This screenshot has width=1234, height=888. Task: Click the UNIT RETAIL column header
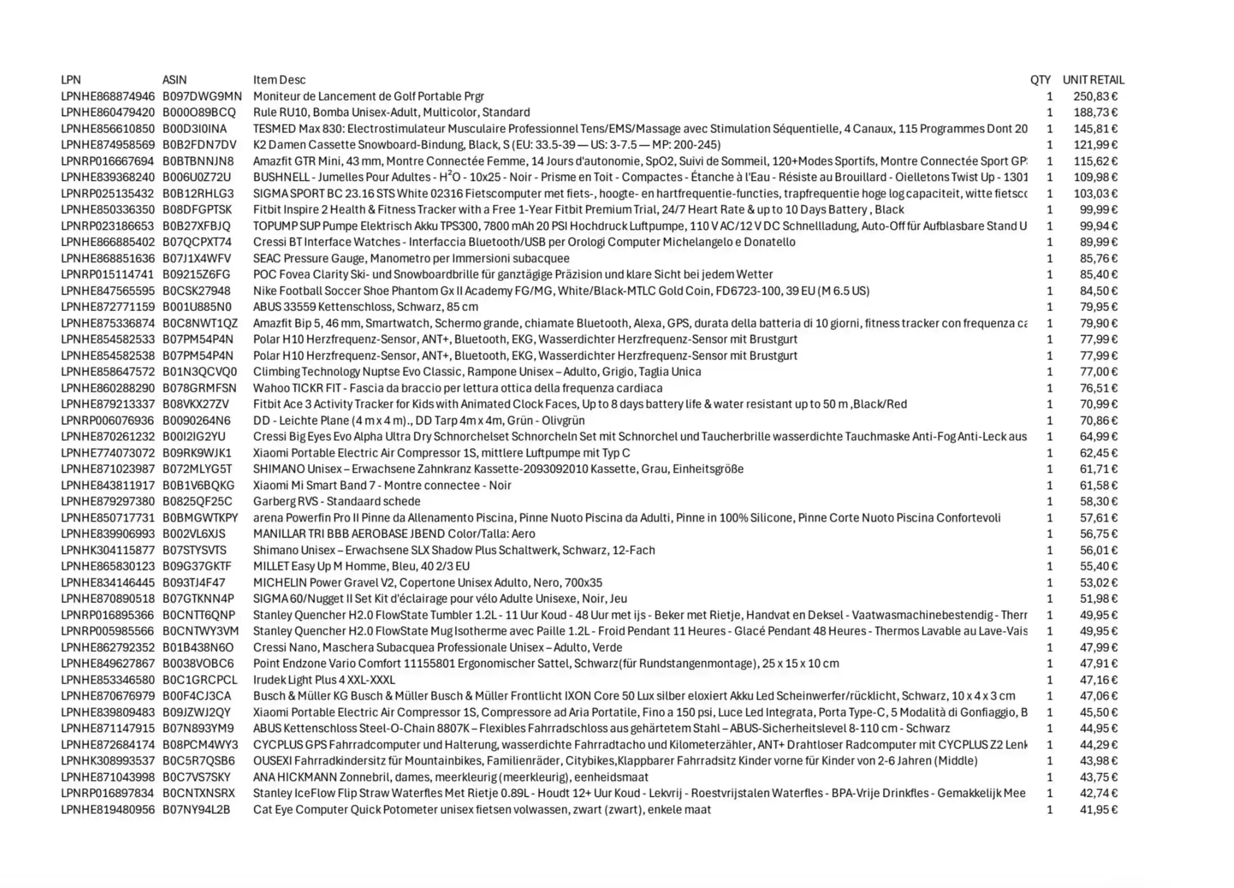click(x=1093, y=80)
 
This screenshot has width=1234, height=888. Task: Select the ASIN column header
click(x=174, y=80)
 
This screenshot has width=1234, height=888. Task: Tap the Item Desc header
click(x=279, y=80)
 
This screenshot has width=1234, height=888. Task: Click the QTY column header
click(x=1040, y=80)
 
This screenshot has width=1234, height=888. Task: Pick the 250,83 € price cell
click(x=1095, y=96)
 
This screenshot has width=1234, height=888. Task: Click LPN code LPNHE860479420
click(x=108, y=112)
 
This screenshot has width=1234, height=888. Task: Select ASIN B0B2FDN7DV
click(x=199, y=145)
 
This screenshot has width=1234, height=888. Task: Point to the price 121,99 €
click(x=1095, y=145)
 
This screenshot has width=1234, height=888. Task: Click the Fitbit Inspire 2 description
click(x=578, y=210)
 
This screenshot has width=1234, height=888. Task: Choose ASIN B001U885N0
click(x=197, y=307)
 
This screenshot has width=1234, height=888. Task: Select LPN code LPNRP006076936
click(x=107, y=420)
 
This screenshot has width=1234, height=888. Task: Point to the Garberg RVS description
click(x=336, y=501)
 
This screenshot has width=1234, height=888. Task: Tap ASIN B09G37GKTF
click(x=197, y=566)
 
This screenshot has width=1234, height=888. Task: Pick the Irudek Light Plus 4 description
click(x=324, y=680)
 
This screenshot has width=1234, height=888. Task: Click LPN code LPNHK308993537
click(x=108, y=761)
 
